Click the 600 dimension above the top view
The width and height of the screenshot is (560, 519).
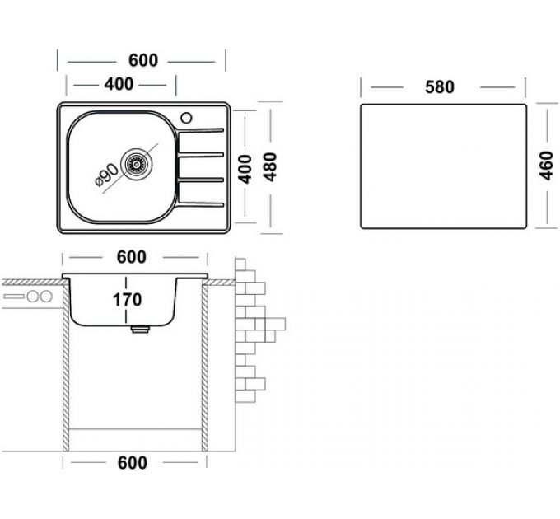pos(142,61)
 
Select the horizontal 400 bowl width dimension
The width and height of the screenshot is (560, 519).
pos(119,84)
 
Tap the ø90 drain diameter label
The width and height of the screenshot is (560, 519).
pos(105,175)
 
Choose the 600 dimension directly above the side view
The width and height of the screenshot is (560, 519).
pos(132,257)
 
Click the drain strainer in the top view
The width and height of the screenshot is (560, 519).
pos(137,163)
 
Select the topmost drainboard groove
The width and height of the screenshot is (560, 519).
pos(203,130)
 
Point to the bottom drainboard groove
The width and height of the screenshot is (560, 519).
pos(203,203)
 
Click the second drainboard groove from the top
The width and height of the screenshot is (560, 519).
pos(203,155)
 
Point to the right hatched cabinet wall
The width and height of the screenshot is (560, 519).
pos(205,371)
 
